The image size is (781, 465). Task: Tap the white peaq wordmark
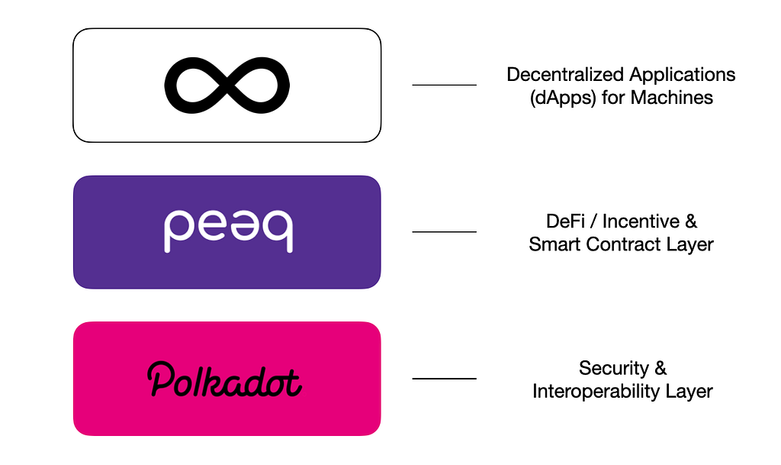pos(228,231)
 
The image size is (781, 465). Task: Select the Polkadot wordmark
pos(225,379)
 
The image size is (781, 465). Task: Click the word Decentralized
pos(565,75)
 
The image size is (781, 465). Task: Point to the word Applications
pos(683,76)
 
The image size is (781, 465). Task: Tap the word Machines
pos(672,97)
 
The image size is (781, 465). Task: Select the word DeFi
pos(565,221)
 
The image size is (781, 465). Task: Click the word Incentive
pos(641,221)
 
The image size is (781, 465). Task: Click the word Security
pos(614,369)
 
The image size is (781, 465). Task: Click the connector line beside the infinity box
pos(445,86)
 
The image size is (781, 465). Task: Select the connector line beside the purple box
pos(445,232)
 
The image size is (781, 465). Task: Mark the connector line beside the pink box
pos(445,379)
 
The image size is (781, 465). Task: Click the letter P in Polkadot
pos(160,379)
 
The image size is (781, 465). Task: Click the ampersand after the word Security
pos(660,368)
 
